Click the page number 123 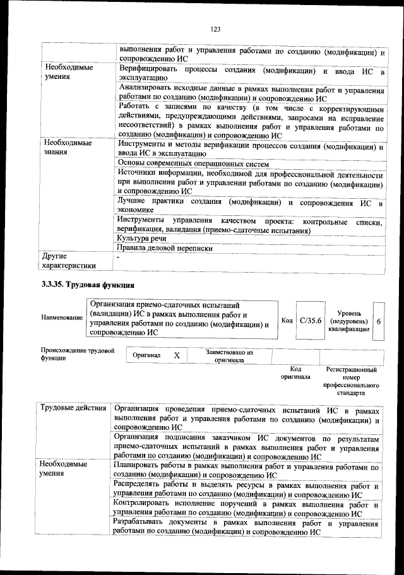pyautogui.click(x=215, y=29)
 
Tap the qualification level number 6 pyautogui.click(x=378, y=321)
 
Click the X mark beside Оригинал pyautogui.click(x=177, y=355)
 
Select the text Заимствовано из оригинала pyautogui.click(x=229, y=356)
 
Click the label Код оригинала pyautogui.click(x=295, y=372)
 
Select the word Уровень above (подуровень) pyautogui.click(x=349, y=312)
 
